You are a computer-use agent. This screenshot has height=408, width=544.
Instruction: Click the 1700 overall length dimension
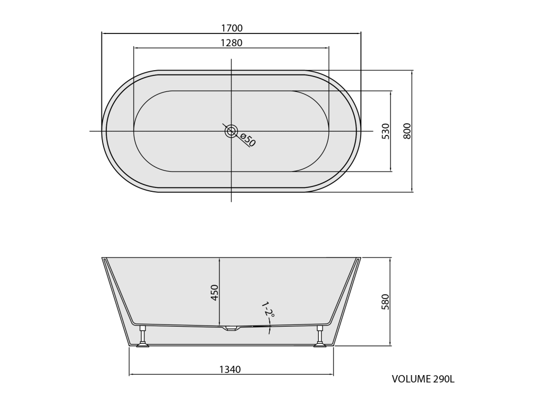[232, 28]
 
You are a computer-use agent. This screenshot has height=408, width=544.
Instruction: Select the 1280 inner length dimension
[232, 42]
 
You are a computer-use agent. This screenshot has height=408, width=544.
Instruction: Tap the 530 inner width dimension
[386, 131]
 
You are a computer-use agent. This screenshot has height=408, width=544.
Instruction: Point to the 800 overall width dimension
[407, 131]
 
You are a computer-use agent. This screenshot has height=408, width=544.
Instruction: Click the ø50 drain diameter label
[248, 140]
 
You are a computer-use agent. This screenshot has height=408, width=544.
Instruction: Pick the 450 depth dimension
[215, 293]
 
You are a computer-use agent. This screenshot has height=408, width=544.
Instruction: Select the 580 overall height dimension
[385, 302]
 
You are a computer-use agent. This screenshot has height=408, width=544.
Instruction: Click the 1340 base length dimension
[230, 370]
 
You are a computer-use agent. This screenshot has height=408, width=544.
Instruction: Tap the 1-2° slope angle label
[268, 310]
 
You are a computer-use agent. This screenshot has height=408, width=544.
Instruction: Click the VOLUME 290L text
[423, 379]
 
